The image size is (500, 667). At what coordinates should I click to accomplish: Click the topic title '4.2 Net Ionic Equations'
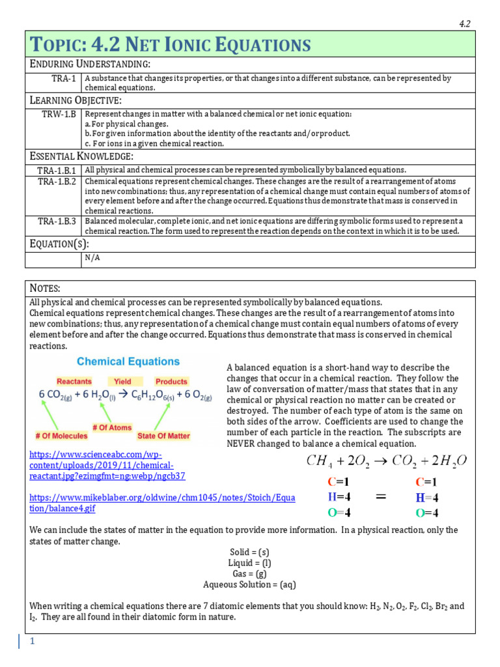[170, 45]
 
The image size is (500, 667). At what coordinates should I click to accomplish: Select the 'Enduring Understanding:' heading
[90, 64]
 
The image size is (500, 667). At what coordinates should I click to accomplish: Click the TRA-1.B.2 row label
[57, 181]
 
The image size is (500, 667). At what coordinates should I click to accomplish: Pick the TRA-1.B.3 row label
[57, 221]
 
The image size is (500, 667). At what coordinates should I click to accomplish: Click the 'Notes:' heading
[45, 288]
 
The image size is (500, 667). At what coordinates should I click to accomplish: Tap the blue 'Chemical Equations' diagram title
[128, 362]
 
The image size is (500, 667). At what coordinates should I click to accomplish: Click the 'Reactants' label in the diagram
[74, 381]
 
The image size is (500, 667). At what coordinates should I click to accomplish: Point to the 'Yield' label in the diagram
[122, 381]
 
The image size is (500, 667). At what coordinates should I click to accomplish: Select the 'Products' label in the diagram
[171, 381]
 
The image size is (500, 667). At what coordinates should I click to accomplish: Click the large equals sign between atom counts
[381, 497]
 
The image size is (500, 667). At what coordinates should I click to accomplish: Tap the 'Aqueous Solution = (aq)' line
[250, 584]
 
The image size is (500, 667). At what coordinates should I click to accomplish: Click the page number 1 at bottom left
[31, 642]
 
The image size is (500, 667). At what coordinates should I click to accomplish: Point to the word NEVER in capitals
[241, 444]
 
